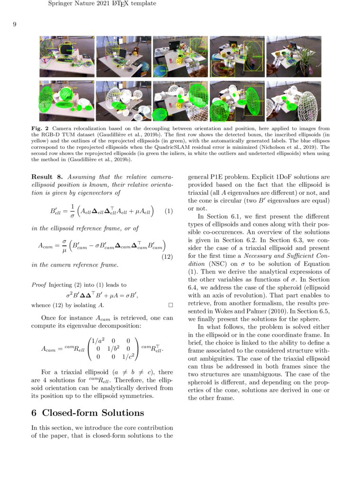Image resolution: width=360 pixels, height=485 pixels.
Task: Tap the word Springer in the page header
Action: click(x=61, y=4)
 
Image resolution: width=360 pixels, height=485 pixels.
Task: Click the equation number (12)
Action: click(x=166, y=256)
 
